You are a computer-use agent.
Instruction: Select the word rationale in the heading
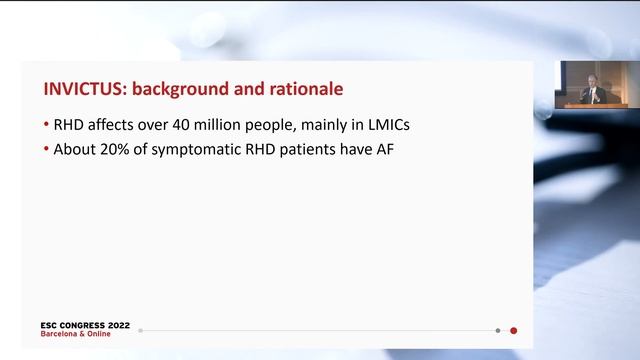[x=301, y=89]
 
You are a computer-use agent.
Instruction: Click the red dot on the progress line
[x=513, y=330]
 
